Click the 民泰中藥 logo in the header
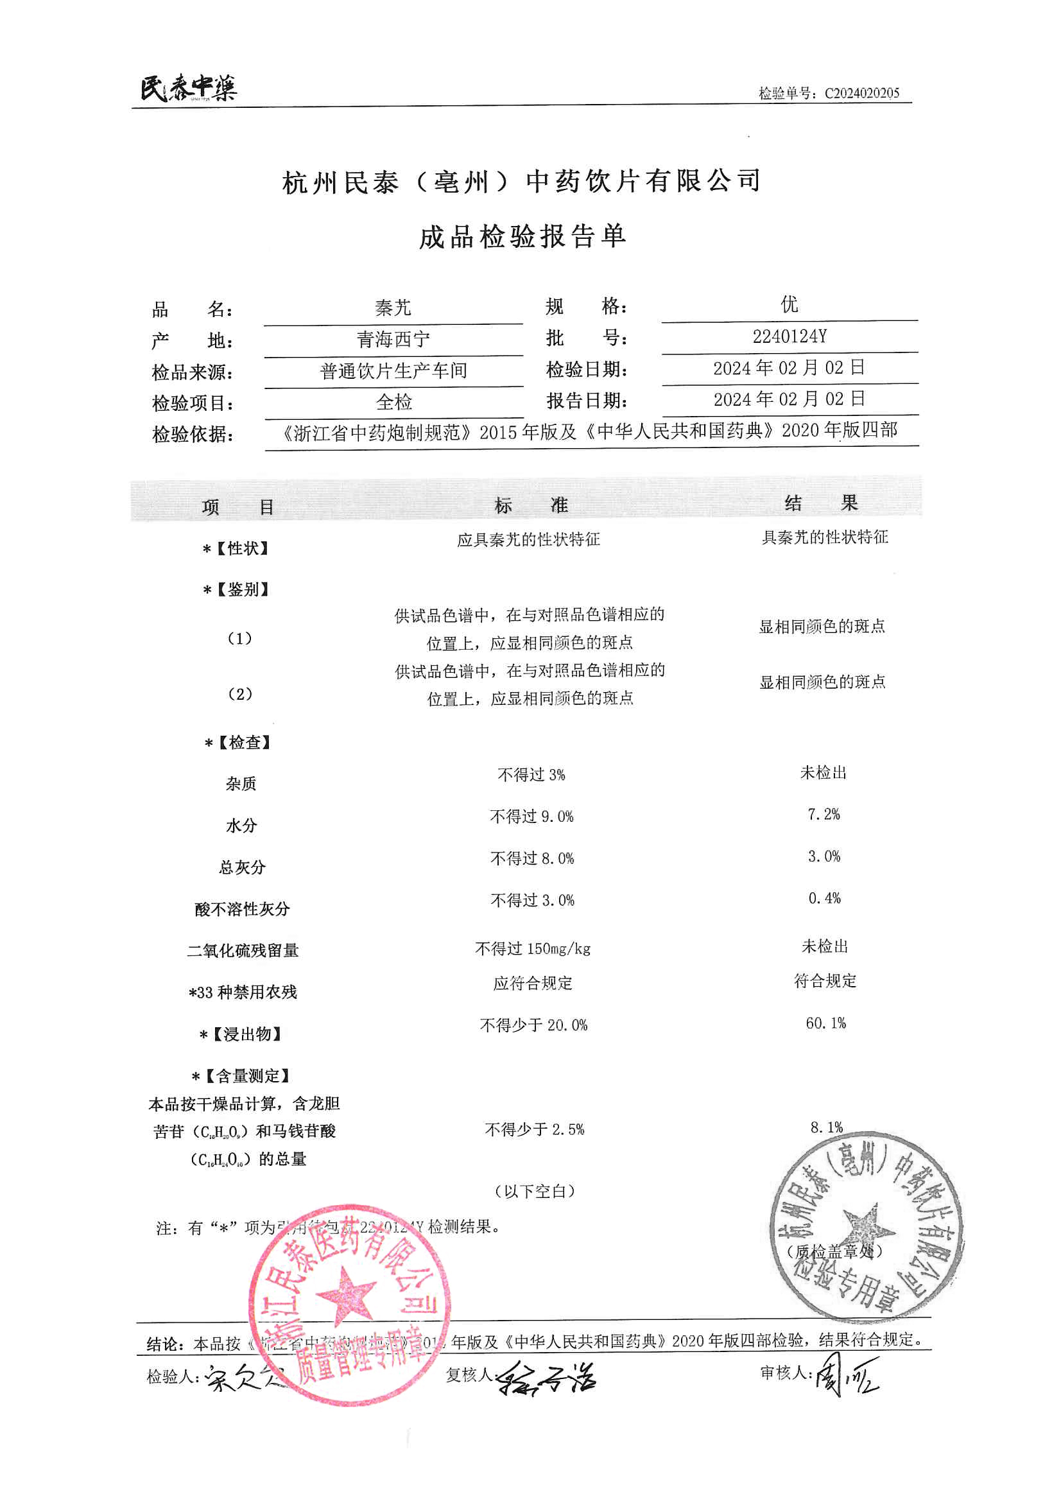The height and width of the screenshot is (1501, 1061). click(188, 88)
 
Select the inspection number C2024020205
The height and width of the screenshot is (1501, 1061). click(861, 93)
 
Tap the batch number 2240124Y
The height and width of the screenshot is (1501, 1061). click(789, 336)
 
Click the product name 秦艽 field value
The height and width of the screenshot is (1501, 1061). click(393, 308)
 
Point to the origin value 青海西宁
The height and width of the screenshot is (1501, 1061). click(393, 339)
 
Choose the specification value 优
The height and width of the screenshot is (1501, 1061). click(789, 304)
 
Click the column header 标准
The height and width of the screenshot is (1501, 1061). click(531, 505)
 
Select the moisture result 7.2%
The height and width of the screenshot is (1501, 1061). click(824, 815)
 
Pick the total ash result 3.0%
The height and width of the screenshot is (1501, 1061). click(824, 856)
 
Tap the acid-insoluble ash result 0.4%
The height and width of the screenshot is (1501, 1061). click(824, 898)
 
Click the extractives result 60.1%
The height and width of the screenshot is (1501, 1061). click(825, 1023)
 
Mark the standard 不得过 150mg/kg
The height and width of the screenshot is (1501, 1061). click(532, 949)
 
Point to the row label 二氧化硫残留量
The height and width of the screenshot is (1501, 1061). click(243, 951)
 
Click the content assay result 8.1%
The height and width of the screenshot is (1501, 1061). click(826, 1127)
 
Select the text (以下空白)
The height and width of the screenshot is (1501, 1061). click(534, 1191)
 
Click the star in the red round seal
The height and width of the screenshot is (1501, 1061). click(346, 1294)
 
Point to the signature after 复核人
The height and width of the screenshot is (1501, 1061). click(546, 1378)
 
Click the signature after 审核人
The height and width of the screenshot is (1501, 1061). click(847, 1375)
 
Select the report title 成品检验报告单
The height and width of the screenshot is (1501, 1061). click(522, 237)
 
